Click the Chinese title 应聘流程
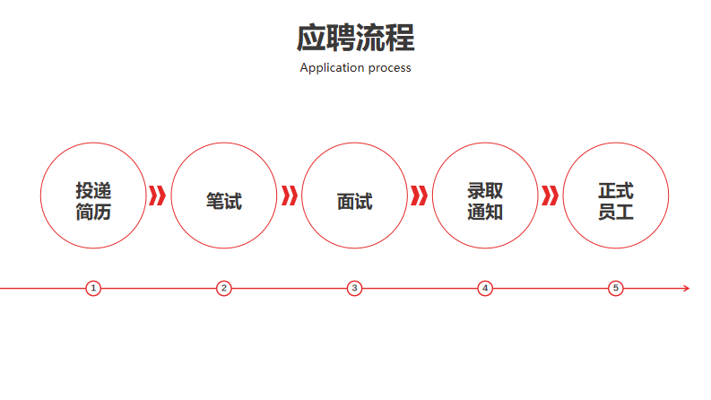point(355,38)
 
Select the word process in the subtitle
point(390,68)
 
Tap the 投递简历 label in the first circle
point(93,202)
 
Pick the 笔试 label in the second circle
point(224,202)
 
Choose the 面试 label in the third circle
point(354,202)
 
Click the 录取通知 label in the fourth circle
point(485,202)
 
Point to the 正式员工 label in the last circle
point(616,202)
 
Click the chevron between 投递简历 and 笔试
point(157,196)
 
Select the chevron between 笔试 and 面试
point(290,196)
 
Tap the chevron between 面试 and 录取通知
point(419,196)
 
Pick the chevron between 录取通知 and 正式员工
point(550,196)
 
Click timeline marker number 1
point(93,288)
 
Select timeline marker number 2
point(224,288)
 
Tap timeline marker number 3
point(354,288)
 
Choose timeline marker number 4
point(485,288)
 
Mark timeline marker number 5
point(616,288)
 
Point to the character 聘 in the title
point(341,38)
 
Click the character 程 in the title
point(401,38)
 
